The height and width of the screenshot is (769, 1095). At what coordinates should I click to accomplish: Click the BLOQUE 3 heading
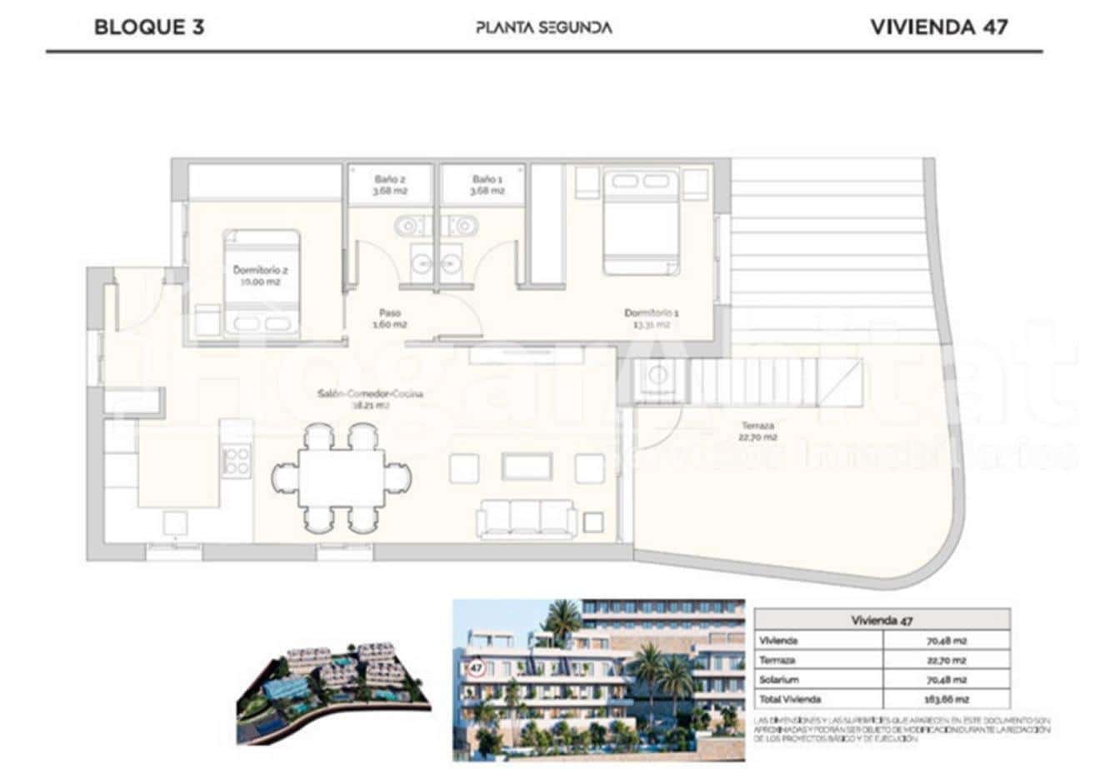tap(149, 27)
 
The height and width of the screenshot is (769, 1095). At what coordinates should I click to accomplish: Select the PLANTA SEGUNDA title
tap(543, 27)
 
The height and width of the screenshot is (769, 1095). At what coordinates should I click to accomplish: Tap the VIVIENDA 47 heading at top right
tap(938, 27)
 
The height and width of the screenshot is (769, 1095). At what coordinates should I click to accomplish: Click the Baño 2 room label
tap(390, 184)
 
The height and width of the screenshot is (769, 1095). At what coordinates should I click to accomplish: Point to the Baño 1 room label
tap(487, 184)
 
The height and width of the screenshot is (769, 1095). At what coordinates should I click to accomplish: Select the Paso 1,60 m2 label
tap(388, 318)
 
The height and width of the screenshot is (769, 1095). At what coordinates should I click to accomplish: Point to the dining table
tap(342, 477)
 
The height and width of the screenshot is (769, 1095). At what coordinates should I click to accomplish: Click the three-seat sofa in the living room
tap(526, 519)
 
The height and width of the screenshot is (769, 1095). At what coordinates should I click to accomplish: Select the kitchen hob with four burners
tap(237, 461)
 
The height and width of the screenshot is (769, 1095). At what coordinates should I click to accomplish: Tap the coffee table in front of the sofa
tap(527, 467)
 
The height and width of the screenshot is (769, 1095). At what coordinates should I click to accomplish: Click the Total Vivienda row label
tap(790, 699)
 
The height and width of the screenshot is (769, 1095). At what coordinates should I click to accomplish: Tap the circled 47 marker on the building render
tap(477, 667)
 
